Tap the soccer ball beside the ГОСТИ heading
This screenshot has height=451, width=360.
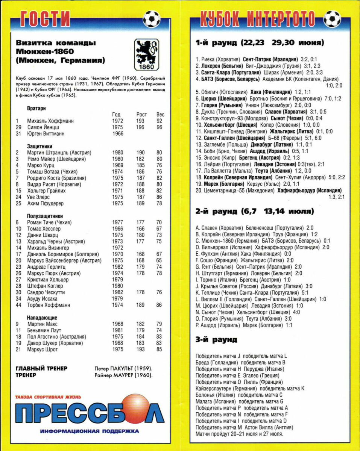[152, 19]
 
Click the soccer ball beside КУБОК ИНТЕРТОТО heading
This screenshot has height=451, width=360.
[332, 19]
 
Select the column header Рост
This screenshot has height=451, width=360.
[141, 114]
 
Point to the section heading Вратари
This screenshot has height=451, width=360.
[36, 108]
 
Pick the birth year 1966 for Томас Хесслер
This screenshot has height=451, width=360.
[117, 229]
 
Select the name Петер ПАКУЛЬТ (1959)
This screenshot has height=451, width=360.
[123, 368]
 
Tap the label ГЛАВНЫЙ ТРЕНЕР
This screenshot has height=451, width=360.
[41, 368]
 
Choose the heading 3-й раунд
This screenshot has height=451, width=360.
[216, 340]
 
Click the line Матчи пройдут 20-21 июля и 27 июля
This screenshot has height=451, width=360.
[239, 434]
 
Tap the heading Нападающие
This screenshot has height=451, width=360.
[42, 318]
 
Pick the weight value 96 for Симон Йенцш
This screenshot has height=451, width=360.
[159, 127]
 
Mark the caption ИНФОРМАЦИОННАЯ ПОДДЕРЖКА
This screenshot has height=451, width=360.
[89, 431]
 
